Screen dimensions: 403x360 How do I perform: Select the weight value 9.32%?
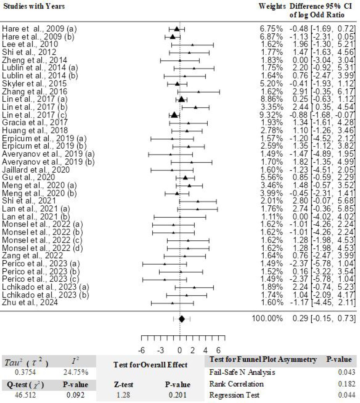268,115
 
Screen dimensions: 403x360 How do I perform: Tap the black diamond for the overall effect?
181,319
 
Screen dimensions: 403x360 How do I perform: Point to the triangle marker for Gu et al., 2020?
185,178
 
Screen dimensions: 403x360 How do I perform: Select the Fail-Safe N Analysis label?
237,372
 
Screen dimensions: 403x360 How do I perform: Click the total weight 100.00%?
267,319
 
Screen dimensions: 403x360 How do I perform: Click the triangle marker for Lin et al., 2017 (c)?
174,115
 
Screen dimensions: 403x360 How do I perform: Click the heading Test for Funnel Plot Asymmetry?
263,360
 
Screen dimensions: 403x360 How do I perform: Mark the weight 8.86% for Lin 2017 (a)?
268,99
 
